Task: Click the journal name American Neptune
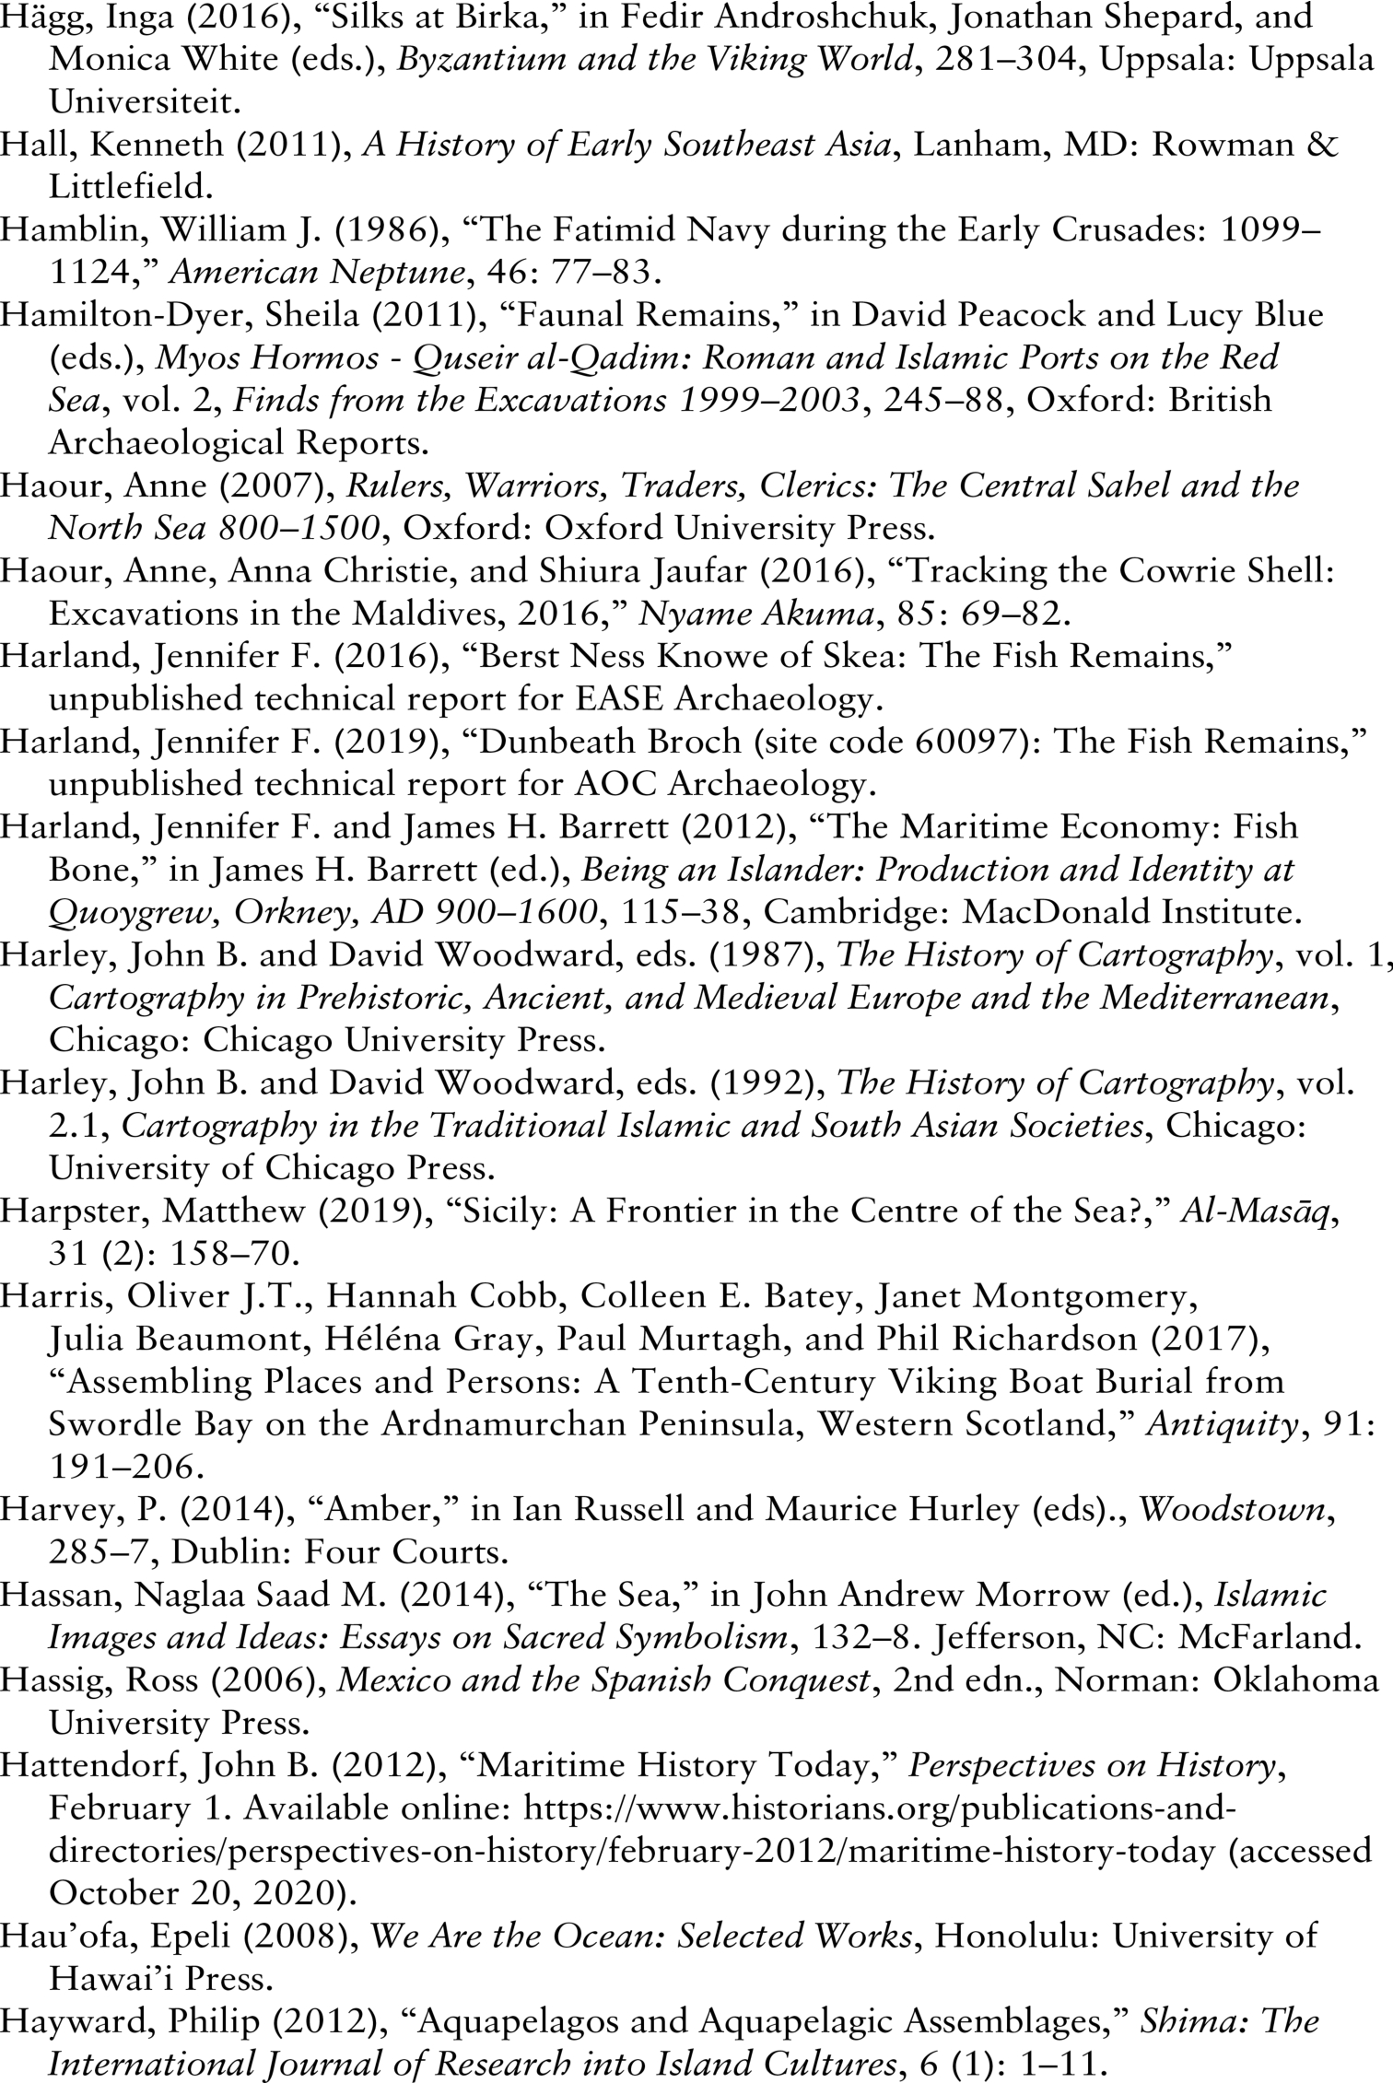(317, 273)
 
